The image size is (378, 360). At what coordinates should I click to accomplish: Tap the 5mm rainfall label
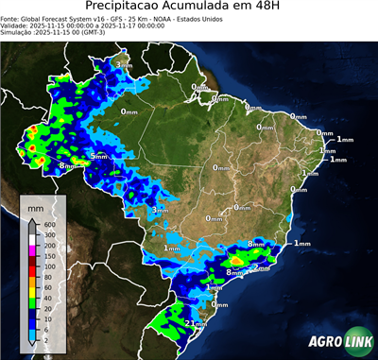pyautogui.click(x=97, y=155)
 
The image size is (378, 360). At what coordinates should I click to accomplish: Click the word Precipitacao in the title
pyautogui.click(x=127, y=8)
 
